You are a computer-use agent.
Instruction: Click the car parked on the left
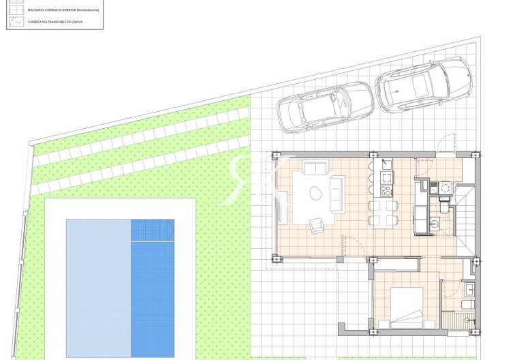point(325,106)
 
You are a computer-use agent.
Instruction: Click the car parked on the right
point(423,85)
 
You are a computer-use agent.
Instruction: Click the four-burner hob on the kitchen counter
point(386,178)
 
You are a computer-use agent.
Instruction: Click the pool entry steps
point(152,230)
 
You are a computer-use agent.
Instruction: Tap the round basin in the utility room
point(435,222)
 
